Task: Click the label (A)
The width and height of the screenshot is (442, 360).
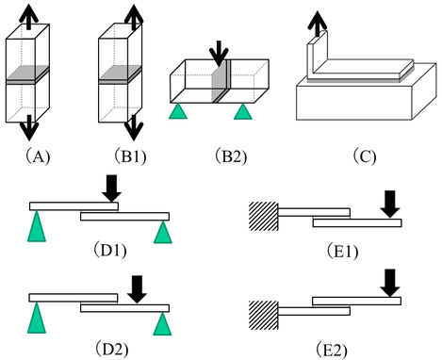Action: click(x=38, y=156)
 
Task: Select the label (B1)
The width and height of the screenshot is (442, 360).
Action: click(x=130, y=156)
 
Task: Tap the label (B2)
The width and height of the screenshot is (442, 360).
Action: click(x=231, y=156)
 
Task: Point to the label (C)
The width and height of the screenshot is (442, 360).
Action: click(x=365, y=156)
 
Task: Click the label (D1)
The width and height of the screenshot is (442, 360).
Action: click(x=110, y=251)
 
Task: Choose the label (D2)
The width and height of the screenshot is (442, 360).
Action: click(x=111, y=349)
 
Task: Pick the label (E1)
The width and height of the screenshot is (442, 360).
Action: click(x=342, y=252)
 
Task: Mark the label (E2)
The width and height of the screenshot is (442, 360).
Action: click(x=332, y=350)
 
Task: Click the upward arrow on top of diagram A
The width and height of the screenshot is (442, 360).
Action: click(x=29, y=17)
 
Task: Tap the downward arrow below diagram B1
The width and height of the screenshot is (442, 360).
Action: click(x=134, y=128)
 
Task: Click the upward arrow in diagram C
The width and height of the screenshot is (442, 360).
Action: click(x=318, y=25)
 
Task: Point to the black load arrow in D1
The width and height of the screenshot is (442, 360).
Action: click(x=111, y=188)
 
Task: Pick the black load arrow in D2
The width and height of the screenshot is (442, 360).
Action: click(x=137, y=289)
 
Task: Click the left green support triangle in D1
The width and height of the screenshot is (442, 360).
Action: click(x=37, y=226)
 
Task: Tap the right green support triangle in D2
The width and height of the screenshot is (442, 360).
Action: click(x=163, y=324)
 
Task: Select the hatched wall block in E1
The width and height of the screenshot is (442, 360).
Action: click(x=263, y=216)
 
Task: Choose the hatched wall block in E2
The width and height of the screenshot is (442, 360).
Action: click(x=263, y=315)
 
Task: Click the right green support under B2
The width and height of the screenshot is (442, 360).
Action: click(x=243, y=111)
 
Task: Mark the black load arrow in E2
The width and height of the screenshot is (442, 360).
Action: click(x=390, y=283)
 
